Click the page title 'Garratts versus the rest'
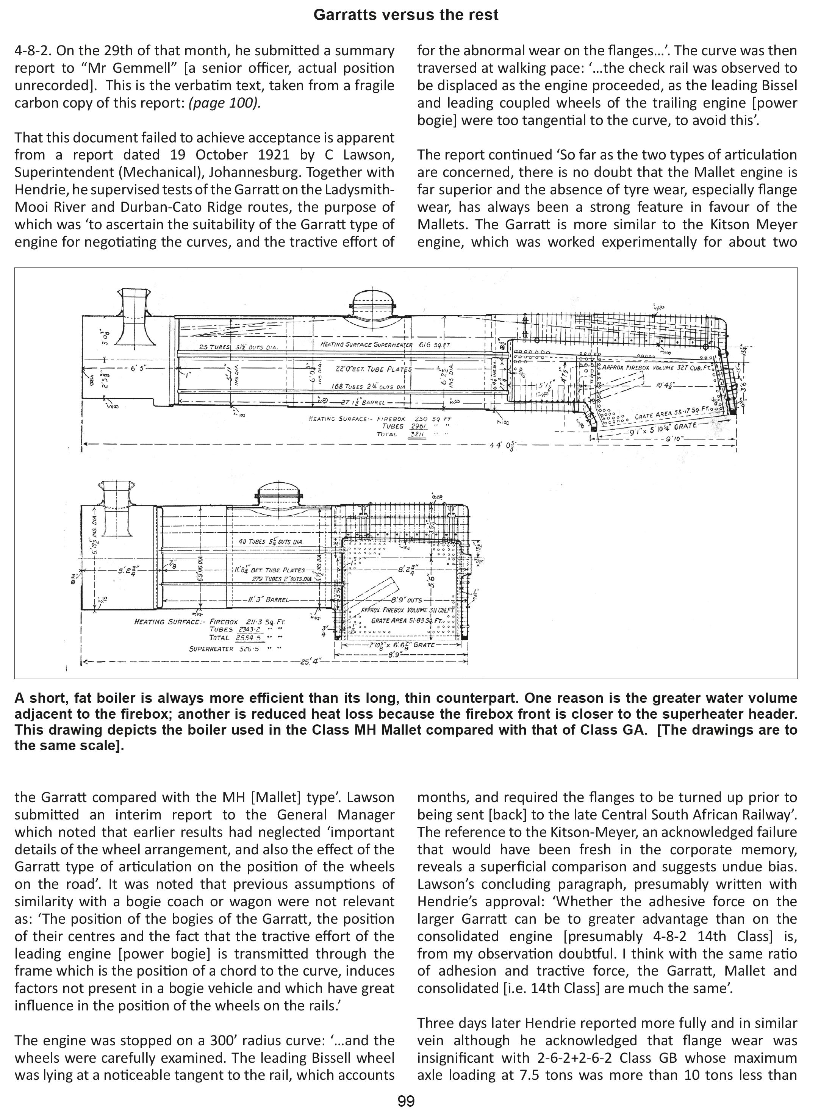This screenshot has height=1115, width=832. (406, 15)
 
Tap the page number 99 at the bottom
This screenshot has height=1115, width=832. (406, 1101)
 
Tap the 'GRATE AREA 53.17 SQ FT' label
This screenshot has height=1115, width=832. (670, 413)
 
